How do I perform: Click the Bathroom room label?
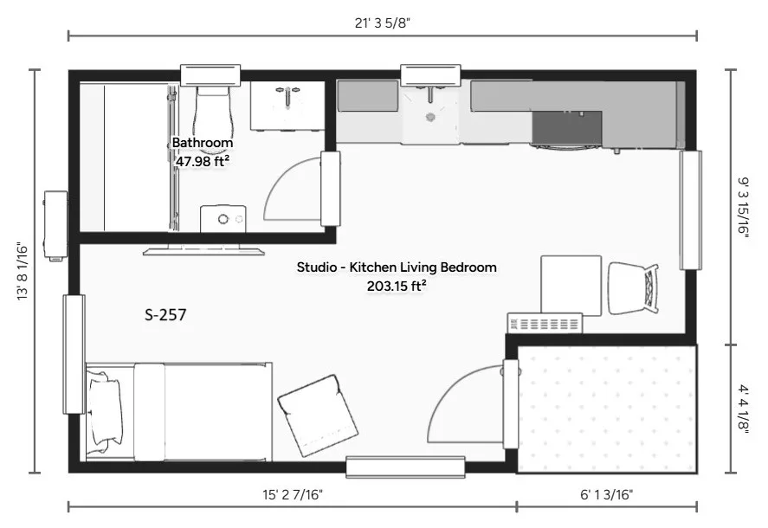click(203, 143)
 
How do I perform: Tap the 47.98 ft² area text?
click(203, 161)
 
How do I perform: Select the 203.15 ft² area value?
click(397, 286)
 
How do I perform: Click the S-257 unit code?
click(165, 314)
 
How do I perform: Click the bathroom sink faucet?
click(287, 95)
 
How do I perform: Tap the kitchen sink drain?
click(430, 117)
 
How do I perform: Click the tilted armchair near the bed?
click(318, 415)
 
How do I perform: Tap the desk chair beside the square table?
click(633, 288)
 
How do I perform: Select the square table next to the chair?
click(571, 285)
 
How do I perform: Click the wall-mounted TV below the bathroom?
click(203, 251)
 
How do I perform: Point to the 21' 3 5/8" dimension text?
click(382, 23)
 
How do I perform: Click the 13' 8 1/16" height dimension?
click(23, 271)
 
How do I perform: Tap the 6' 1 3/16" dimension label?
click(606, 495)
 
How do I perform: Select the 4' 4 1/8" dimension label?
click(744, 409)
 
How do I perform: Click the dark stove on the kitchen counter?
click(567, 128)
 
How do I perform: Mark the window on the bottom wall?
click(405, 467)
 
